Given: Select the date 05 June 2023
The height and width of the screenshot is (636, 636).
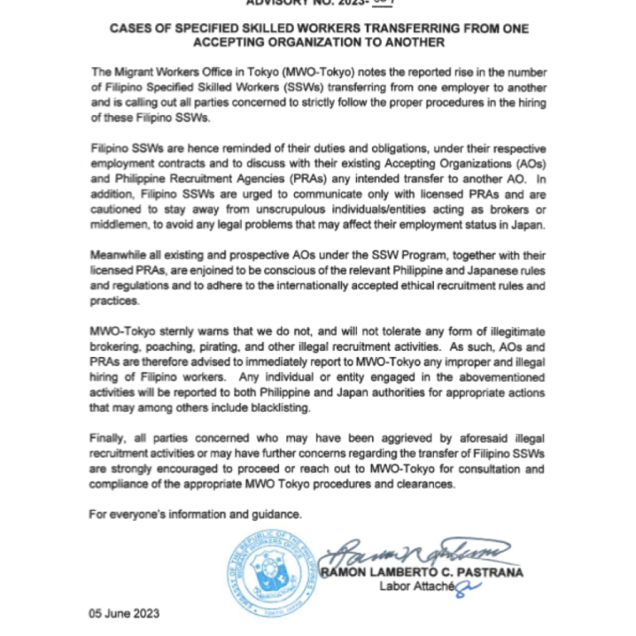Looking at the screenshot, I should [124, 614].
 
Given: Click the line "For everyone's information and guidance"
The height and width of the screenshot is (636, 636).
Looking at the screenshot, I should [195, 514].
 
